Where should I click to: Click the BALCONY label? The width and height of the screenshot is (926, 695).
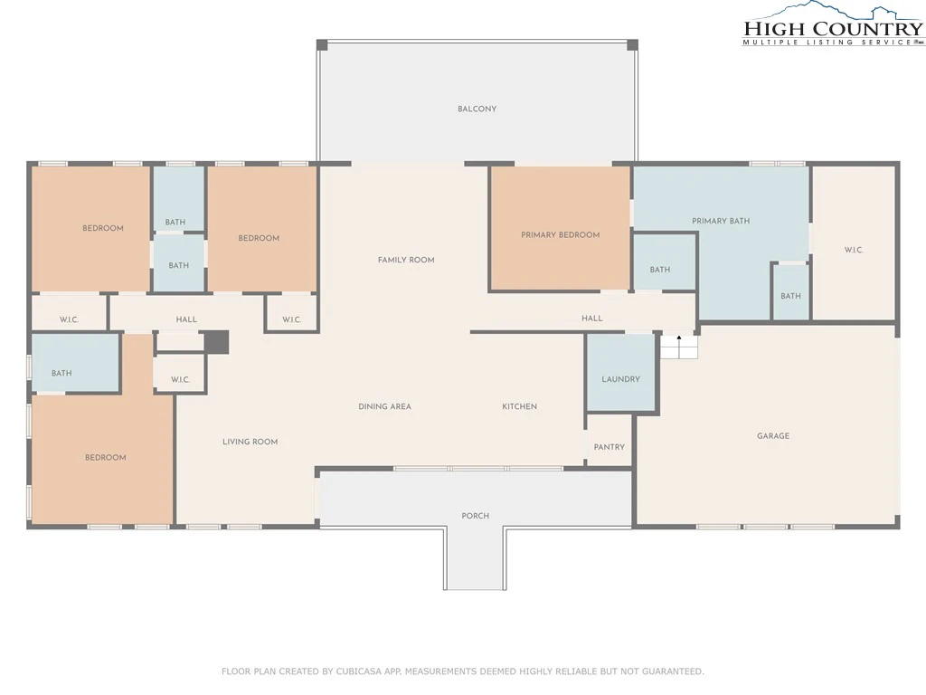(x=477, y=109)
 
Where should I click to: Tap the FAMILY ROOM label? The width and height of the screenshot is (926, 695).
(x=406, y=260)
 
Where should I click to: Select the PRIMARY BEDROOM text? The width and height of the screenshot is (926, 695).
(x=560, y=234)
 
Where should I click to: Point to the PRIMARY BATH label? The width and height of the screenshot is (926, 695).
(x=721, y=221)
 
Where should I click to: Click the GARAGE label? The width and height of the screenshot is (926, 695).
(x=773, y=435)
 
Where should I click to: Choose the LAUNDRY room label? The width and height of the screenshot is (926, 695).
(x=620, y=379)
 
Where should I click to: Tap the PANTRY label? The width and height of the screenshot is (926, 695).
(x=609, y=447)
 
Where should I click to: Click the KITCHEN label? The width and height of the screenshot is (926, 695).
(x=519, y=406)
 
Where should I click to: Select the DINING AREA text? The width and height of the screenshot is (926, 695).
(x=384, y=406)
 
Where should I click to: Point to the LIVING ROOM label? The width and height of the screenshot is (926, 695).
(x=250, y=442)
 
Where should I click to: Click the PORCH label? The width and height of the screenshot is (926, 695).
(x=476, y=515)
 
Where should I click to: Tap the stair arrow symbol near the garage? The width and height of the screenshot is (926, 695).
(x=679, y=338)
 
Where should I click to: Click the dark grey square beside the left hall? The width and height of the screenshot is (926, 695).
(x=216, y=342)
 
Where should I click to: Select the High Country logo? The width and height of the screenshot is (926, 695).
(x=833, y=24)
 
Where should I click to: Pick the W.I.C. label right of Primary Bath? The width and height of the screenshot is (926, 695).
(x=854, y=250)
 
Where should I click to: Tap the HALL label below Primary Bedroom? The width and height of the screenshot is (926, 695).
(x=591, y=318)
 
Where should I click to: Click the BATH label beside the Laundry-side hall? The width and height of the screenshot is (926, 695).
(x=659, y=270)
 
